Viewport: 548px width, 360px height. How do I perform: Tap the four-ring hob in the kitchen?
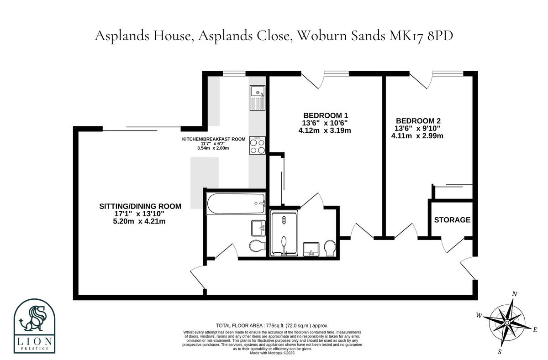click(258, 146)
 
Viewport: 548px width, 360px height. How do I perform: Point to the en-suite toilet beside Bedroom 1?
click(329, 249)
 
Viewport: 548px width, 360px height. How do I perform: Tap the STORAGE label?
click(452, 220)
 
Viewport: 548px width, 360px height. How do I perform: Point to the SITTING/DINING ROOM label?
click(140, 206)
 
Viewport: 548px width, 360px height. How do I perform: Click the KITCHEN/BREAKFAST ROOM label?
click(214, 139)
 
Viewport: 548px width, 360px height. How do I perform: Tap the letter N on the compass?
click(515, 294)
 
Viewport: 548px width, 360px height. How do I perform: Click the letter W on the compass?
click(479, 315)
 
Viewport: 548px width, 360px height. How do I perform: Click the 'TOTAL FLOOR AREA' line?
click(272, 325)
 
